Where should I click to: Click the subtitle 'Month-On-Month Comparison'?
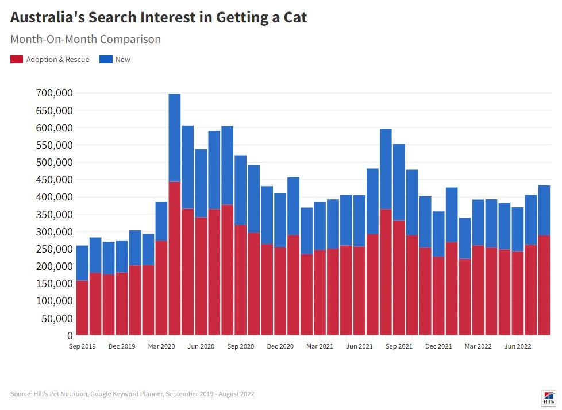[86, 40]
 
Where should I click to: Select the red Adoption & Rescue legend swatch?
[17, 59]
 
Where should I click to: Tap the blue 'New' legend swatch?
[106, 59]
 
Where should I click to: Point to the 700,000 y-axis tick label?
[54, 93]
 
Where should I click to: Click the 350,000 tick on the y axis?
[54, 214]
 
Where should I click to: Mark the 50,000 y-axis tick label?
[56, 318]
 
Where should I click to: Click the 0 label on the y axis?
[70, 335]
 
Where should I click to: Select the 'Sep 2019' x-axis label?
[82, 346]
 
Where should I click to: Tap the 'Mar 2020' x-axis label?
[161, 346]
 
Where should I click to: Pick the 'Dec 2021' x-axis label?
[438, 346]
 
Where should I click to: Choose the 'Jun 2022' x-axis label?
[518, 346]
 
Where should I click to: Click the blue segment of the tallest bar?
[175, 138]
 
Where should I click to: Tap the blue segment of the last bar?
[544, 210]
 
